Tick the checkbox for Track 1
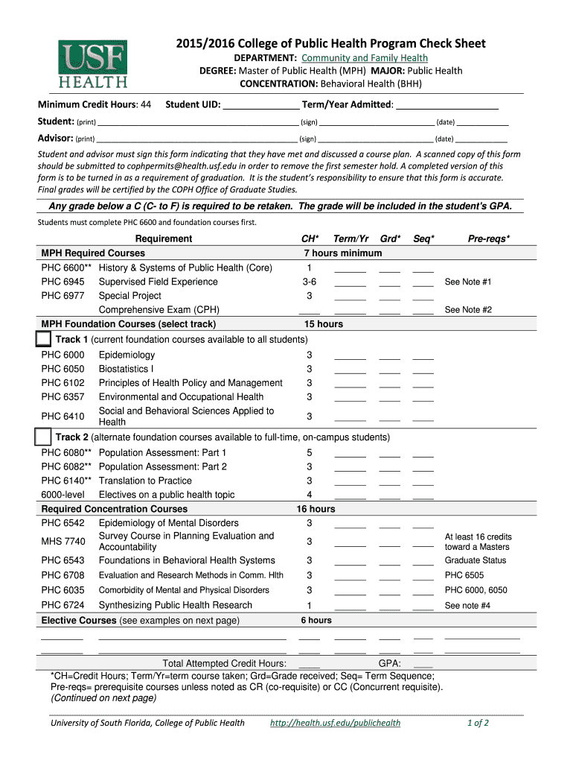44,340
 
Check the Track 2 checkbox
44,437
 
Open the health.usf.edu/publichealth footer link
335,723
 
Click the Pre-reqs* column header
488,238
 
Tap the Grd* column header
390,238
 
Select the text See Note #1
468,282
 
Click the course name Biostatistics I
127,369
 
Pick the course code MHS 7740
63,541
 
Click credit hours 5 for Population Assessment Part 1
310,453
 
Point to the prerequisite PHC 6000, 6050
476,590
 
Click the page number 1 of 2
478,723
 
